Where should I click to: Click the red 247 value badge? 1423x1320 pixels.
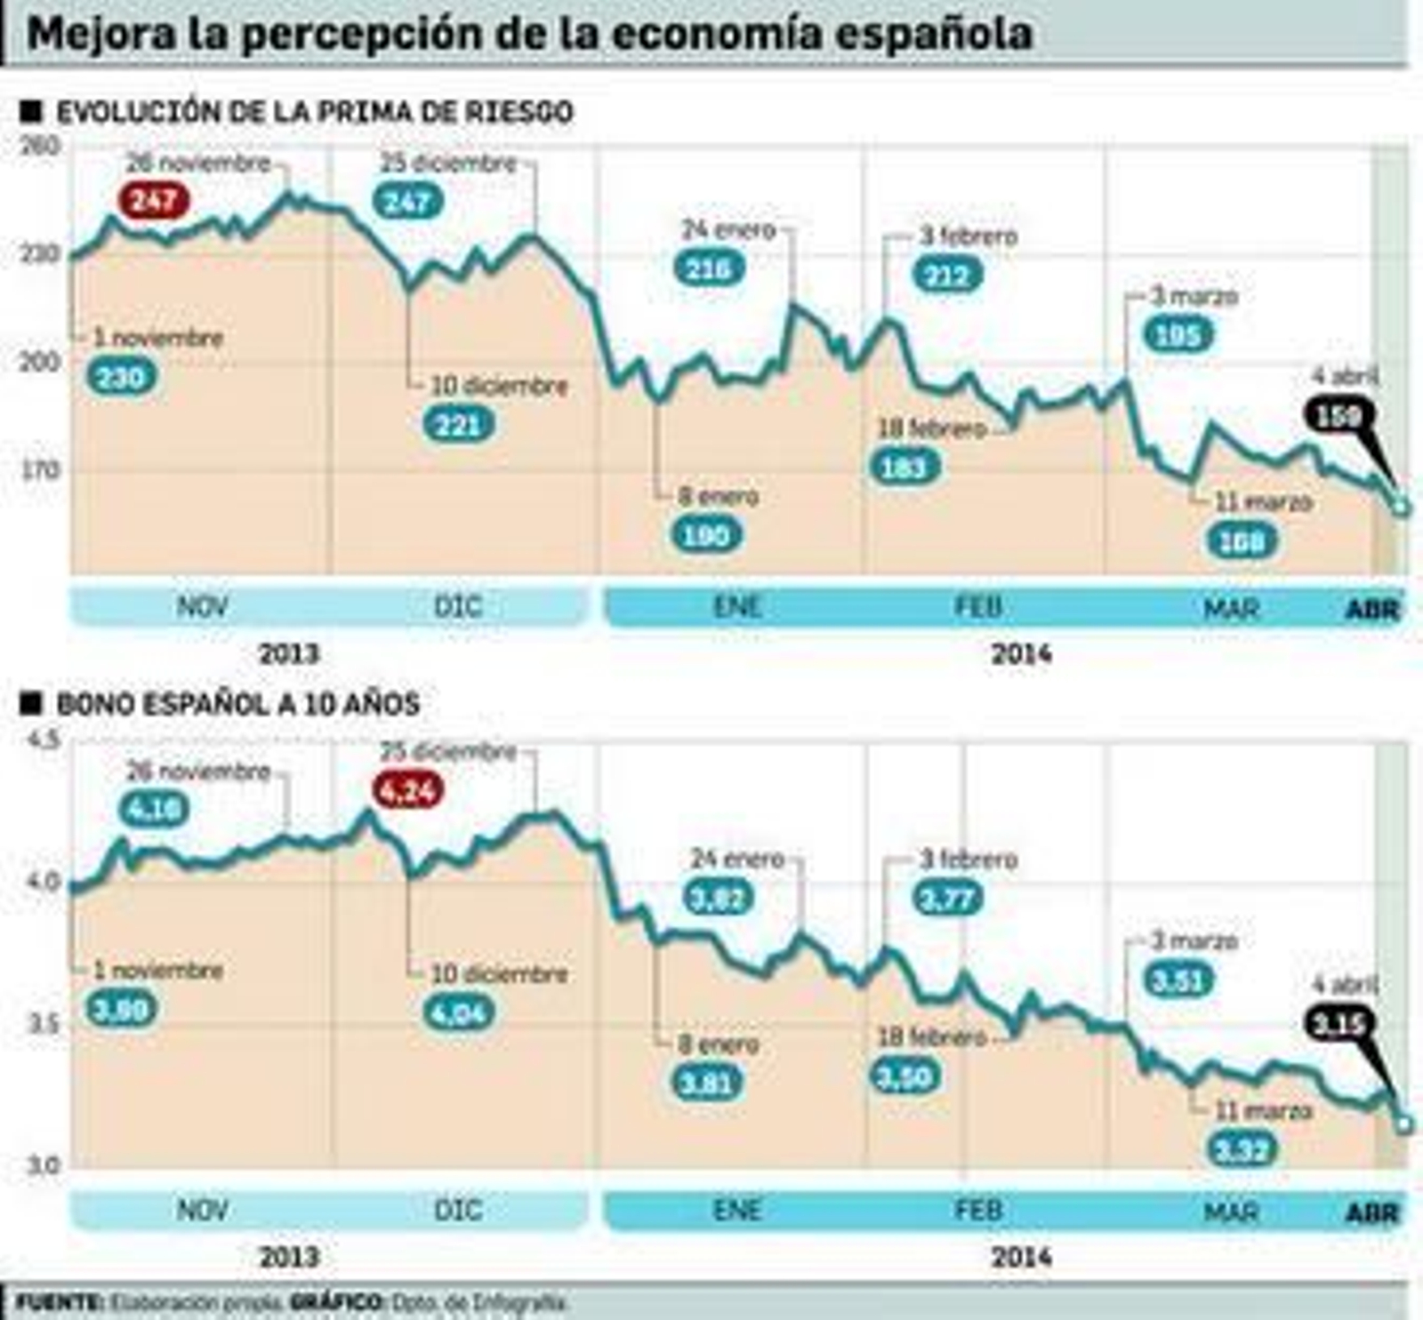[155, 201]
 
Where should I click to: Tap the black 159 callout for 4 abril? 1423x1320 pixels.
[1339, 415]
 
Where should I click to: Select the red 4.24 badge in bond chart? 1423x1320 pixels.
[408, 790]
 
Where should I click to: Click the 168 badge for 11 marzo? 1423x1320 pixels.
[1242, 540]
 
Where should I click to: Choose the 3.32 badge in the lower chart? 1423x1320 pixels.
[1242, 1151]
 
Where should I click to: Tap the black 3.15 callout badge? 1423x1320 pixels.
[1339, 1025]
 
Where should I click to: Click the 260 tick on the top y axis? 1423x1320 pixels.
[41, 146]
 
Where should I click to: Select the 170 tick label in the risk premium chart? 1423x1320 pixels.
[41, 469]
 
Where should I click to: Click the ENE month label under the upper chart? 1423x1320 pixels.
[737, 607]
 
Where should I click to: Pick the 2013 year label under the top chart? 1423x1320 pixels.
[288, 654]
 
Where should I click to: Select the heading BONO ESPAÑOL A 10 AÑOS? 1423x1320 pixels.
[237, 704]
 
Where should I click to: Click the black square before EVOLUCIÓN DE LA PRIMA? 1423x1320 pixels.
[31, 111]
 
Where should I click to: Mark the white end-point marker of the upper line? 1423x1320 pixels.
[1403, 508]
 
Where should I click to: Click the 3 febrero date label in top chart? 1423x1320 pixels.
[968, 236]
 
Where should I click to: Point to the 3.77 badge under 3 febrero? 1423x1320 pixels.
[948, 899]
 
